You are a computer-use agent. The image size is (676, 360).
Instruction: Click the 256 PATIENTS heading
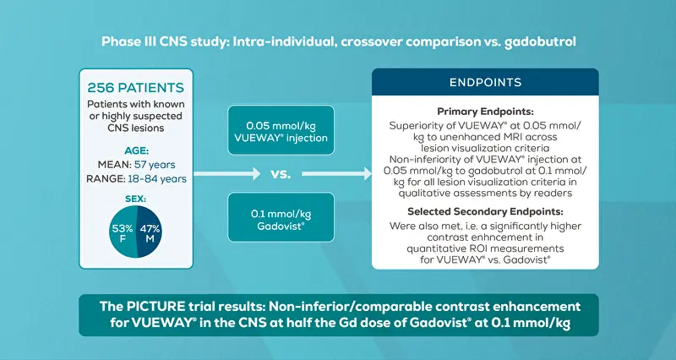136,88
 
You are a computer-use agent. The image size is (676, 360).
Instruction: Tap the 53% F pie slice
123,232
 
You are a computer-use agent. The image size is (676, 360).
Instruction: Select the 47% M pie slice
150,232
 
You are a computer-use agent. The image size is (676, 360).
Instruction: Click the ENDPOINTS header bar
485,82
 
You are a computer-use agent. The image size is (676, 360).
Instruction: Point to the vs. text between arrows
281,174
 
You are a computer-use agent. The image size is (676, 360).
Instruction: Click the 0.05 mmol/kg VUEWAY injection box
281,130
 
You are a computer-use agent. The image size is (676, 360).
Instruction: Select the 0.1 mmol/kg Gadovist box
281,217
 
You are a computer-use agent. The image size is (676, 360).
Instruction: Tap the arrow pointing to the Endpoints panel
336,174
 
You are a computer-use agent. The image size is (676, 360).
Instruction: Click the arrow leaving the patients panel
226,174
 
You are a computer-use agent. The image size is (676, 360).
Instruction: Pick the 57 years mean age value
155,165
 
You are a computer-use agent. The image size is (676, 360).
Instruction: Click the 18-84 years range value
157,178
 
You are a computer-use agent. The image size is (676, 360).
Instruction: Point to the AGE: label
136,151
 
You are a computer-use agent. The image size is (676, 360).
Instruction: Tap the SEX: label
136,199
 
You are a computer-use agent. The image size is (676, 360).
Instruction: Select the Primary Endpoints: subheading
485,112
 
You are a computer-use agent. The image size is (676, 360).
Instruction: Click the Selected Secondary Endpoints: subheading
485,211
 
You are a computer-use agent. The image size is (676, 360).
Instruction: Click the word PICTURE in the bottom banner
155,307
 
